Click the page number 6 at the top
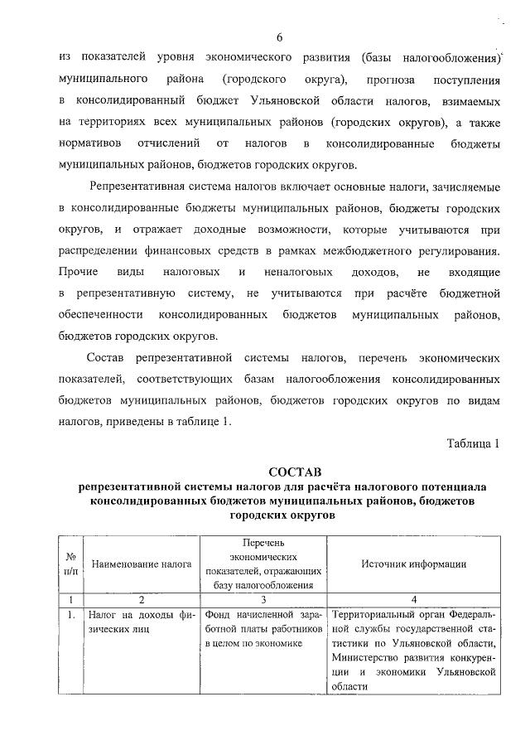point(280,37)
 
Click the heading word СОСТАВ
point(279,472)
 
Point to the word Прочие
point(79,272)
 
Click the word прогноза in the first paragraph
point(374,80)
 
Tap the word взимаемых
point(470,101)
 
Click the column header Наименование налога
point(142,564)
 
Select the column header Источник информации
point(413,564)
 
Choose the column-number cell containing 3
point(263,599)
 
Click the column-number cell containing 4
point(413,599)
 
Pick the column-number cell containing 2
point(142,599)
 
